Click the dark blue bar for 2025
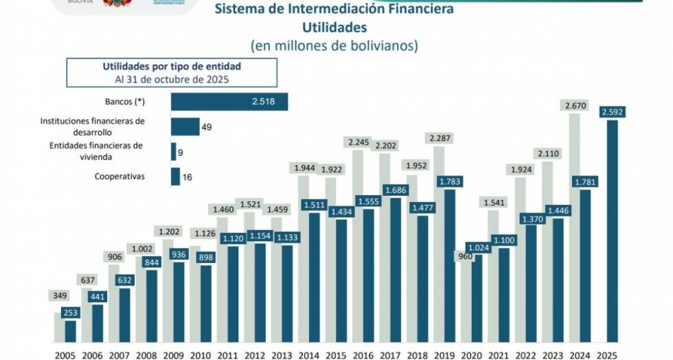[x=611, y=234]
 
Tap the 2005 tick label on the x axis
[x=65, y=355]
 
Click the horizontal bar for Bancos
[x=229, y=102]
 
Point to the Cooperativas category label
[x=120, y=177]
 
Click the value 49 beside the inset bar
[x=206, y=127]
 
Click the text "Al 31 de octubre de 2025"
[x=172, y=79]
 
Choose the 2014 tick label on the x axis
[x=308, y=355]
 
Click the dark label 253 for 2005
[x=71, y=313]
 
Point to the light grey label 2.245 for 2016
[x=358, y=142]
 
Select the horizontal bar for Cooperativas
[x=175, y=177]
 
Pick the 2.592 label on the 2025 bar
[x=612, y=112]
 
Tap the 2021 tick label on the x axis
[x=498, y=355]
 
